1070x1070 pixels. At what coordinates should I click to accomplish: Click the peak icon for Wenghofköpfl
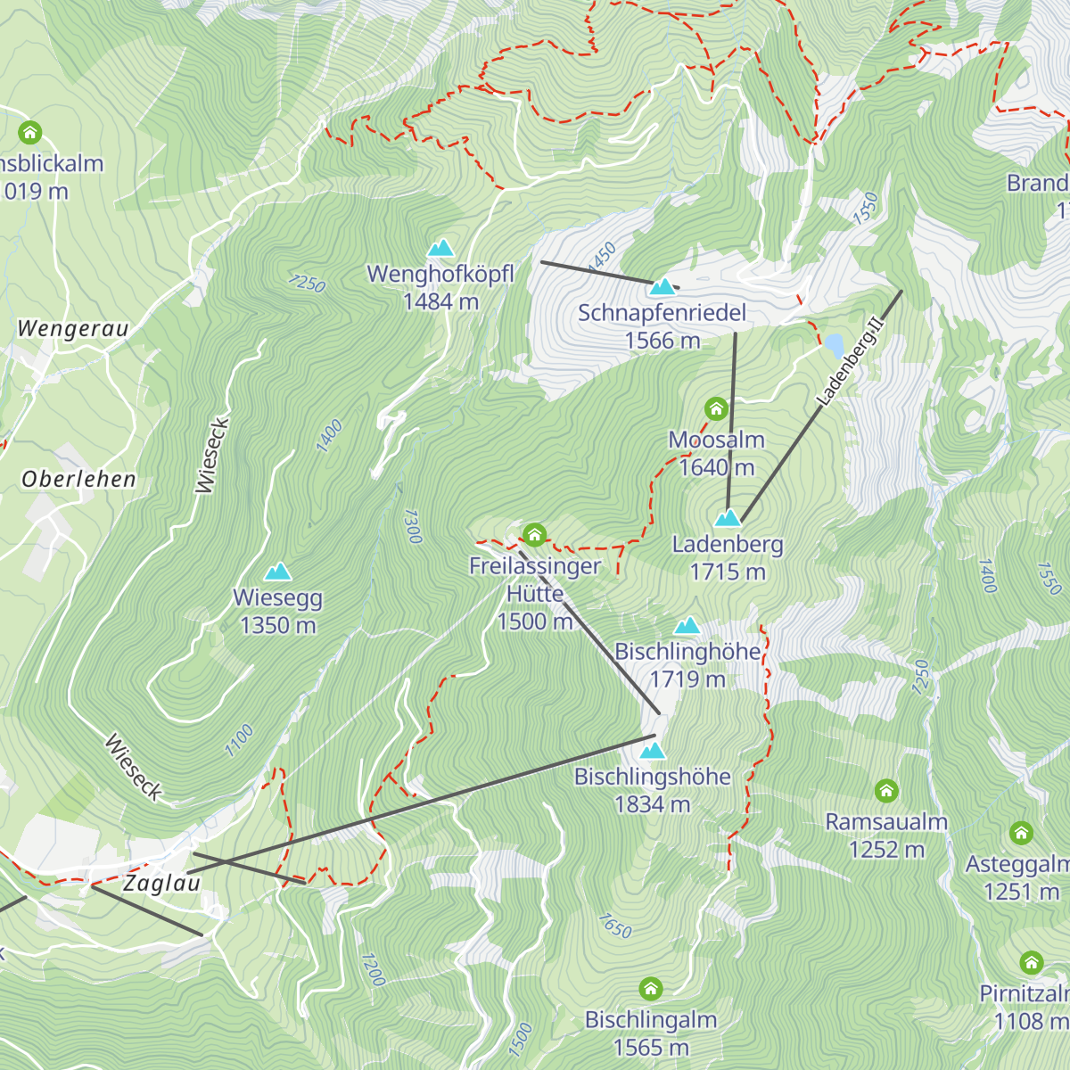pyautogui.click(x=440, y=248)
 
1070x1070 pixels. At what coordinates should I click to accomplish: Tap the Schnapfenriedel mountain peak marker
pyautogui.click(x=662, y=287)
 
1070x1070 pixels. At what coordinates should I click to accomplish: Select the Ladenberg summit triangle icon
pyautogui.click(x=728, y=518)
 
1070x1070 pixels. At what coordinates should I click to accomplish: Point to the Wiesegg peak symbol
pyautogui.click(x=278, y=572)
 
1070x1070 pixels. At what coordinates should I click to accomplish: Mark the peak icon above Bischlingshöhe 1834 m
pyautogui.click(x=653, y=751)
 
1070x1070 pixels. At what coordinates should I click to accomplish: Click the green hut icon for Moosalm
pyautogui.click(x=716, y=409)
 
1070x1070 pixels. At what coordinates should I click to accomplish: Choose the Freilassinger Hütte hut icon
pyautogui.click(x=534, y=535)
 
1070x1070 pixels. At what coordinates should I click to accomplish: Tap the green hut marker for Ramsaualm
pyautogui.click(x=885, y=791)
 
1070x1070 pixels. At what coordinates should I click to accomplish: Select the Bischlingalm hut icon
pyautogui.click(x=651, y=989)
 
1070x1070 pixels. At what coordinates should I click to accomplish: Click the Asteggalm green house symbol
pyautogui.click(x=1021, y=834)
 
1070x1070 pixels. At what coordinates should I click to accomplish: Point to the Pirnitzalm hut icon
pyautogui.click(x=1032, y=963)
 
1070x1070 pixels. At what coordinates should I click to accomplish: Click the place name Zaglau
pyautogui.click(x=161, y=883)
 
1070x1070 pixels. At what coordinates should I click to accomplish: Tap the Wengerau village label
pyautogui.click(x=73, y=329)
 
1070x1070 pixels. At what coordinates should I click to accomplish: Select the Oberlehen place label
pyautogui.click(x=78, y=480)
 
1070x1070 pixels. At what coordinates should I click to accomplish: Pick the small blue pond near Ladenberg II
pyautogui.click(x=834, y=344)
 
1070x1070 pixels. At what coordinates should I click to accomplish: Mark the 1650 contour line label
pyautogui.click(x=614, y=926)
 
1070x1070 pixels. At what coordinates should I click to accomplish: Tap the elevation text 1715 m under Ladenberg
pyautogui.click(x=728, y=572)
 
